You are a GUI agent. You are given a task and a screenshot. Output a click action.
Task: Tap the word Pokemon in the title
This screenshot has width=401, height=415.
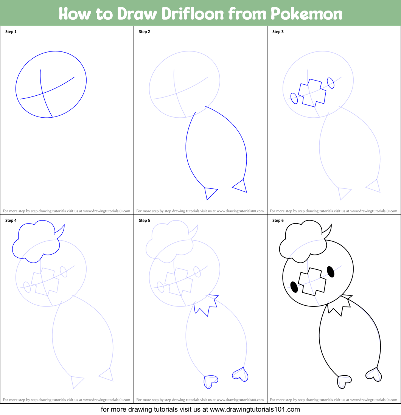click(x=306, y=14)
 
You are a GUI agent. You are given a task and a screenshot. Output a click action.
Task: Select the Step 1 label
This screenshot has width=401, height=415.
click(x=11, y=32)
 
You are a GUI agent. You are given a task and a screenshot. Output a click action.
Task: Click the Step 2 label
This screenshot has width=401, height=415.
click(x=145, y=32)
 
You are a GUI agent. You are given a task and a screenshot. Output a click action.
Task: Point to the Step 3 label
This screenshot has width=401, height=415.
click(x=278, y=32)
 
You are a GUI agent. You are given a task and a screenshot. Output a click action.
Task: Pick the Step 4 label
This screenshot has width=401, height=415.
click(x=11, y=221)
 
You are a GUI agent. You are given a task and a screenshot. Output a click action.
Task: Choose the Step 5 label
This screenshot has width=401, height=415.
click(x=145, y=221)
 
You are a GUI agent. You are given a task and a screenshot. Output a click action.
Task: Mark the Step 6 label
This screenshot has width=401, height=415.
click(x=278, y=221)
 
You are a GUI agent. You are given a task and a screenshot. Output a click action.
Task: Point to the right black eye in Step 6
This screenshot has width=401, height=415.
click(x=330, y=271)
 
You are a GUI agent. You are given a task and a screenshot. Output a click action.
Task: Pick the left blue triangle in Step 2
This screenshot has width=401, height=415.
click(x=210, y=192)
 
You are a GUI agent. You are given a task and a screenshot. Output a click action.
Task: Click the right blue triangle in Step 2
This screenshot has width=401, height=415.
click(x=241, y=186)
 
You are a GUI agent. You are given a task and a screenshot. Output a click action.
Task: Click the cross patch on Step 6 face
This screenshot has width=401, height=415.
click(x=312, y=282)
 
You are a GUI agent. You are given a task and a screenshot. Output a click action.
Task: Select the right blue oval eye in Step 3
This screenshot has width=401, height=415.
click(x=330, y=83)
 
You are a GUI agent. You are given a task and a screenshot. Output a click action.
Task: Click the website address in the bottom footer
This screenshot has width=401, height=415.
click(x=255, y=409)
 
